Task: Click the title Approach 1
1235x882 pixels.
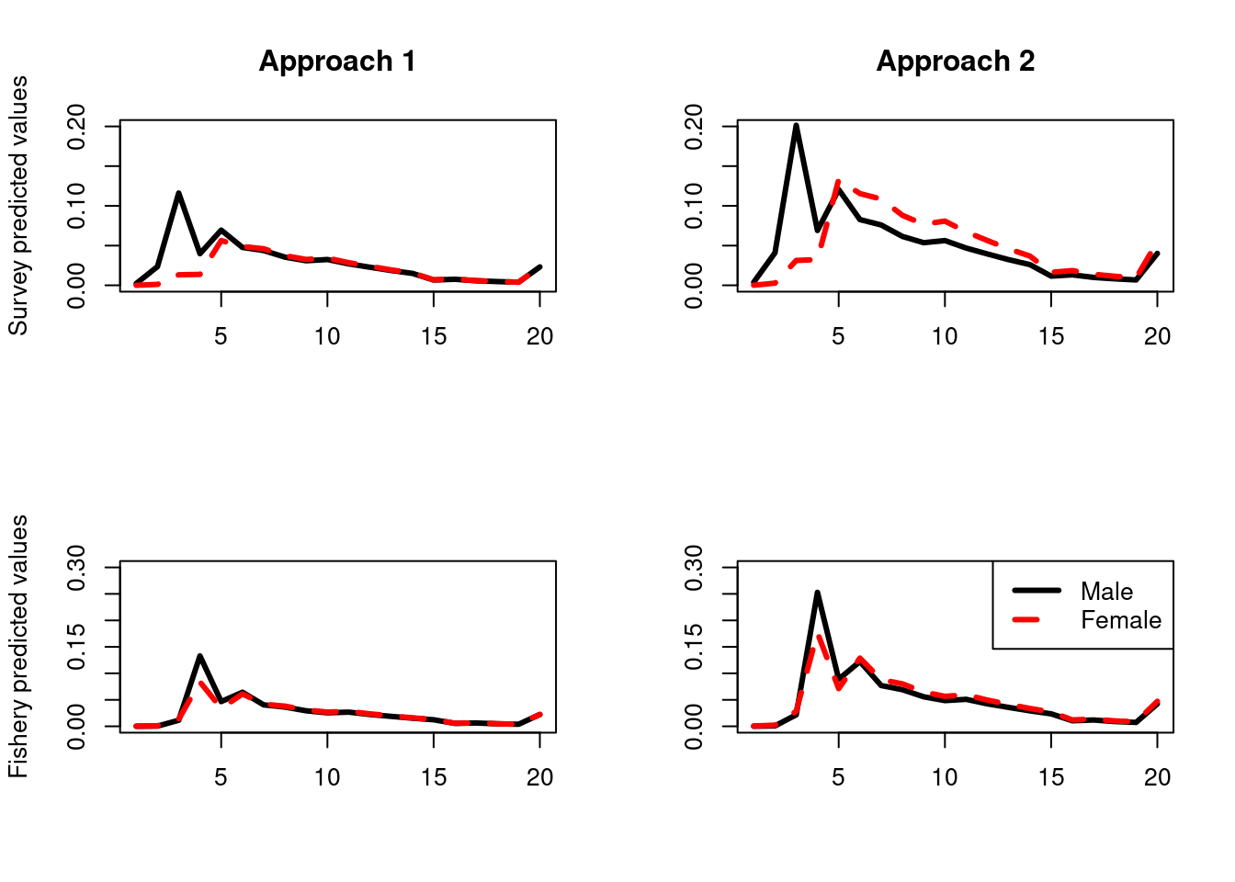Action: (x=337, y=62)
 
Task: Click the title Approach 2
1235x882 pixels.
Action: (x=955, y=62)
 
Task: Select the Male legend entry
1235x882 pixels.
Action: (x=1106, y=592)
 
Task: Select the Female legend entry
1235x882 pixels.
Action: (x=1120, y=620)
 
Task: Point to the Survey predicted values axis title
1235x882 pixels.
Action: (x=18, y=206)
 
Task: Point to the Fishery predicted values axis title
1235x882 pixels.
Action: (x=18, y=647)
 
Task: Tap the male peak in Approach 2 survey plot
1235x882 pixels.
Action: (x=796, y=126)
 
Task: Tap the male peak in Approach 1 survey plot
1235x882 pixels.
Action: (x=178, y=193)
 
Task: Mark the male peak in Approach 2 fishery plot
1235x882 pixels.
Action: (x=817, y=593)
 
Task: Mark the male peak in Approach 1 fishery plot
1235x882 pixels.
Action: (x=199, y=656)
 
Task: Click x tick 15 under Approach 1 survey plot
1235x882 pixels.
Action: (x=434, y=336)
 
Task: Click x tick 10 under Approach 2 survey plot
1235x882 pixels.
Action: (x=945, y=336)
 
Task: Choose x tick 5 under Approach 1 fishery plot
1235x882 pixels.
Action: (x=221, y=777)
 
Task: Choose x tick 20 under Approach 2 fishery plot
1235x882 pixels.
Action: (x=1157, y=777)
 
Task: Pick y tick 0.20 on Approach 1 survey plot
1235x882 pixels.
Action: (x=76, y=126)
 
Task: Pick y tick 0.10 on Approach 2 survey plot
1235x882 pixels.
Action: (x=694, y=206)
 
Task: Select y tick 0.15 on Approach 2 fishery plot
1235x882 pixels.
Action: (x=694, y=647)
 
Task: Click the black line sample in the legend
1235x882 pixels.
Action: (x=1037, y=590)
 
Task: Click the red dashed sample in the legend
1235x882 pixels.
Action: (x=1037, y=619)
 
